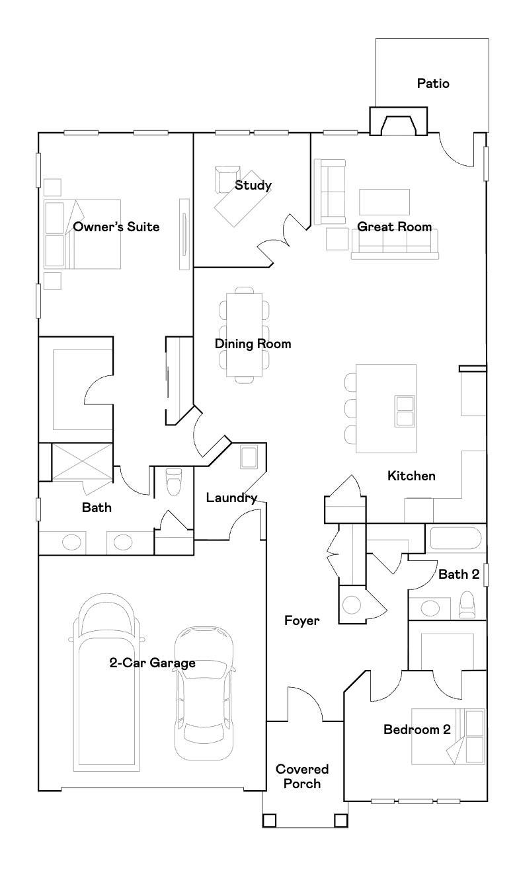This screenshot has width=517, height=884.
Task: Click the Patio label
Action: point(433,84)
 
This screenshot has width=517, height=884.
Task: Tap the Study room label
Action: point(253,185)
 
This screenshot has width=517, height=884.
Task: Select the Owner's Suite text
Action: point(116,227)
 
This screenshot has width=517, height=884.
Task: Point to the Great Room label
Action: point(394,227)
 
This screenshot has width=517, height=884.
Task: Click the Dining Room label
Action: point(253,344)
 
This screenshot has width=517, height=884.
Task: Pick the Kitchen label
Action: point(411,476)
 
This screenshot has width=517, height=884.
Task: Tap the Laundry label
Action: point(231,498)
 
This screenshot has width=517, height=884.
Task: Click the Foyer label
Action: point(301,621)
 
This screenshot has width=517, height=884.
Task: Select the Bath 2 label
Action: point(459,575)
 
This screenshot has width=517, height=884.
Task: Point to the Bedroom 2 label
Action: point(417,729)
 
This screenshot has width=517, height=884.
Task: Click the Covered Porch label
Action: point(302,776)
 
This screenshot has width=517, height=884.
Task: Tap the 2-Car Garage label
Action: point(153,663)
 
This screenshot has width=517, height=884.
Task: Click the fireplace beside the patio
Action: point(398,121)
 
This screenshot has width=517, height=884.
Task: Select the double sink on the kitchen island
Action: point(405,411)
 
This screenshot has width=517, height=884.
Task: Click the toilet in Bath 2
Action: point(467,605)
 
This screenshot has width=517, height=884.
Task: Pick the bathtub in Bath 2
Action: point(456,538)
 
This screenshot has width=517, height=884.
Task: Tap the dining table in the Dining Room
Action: point(245,335)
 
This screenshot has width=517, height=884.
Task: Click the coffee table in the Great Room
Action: point(384,202)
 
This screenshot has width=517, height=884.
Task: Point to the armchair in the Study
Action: point(227,179)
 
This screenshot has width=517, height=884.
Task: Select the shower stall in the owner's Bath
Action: point(82,462)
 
